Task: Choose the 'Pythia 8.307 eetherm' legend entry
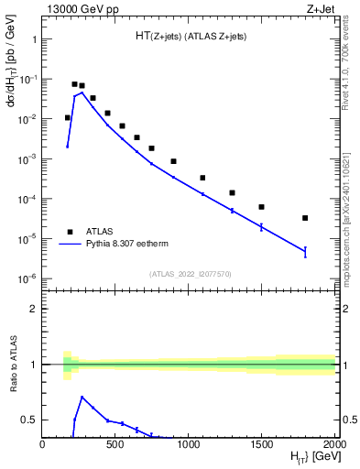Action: [x=128, y=245]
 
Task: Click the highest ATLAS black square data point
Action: [x=75, y=84]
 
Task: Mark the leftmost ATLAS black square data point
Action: [x=67, y=117]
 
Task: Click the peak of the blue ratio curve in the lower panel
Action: [x=82, y=397]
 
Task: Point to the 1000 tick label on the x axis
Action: [x=189, y=445]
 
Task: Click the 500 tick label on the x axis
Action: [x=116, y=445]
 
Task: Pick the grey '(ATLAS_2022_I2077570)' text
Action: [x=190, y=274]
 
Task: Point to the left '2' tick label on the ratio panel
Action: [x=34, y=309]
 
